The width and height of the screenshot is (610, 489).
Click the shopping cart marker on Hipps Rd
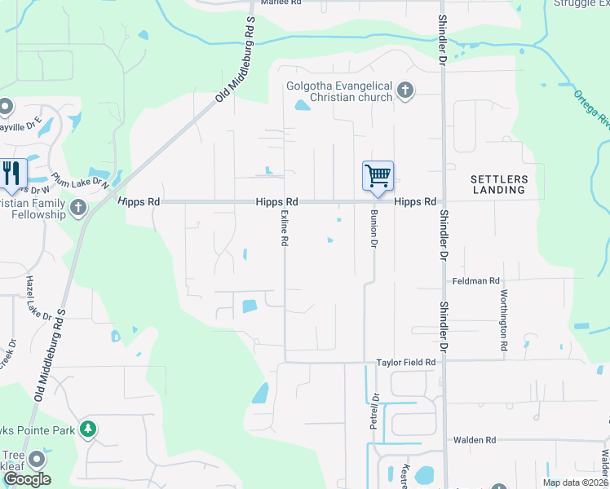378,176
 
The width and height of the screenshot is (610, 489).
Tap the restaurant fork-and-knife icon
11,173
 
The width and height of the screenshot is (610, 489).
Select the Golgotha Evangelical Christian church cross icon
406,91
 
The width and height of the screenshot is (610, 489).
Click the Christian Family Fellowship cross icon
78,208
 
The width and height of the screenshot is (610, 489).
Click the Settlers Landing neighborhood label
498,184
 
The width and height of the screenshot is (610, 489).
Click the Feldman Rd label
475,281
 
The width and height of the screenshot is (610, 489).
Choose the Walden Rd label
475,440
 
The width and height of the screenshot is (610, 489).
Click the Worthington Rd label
504,313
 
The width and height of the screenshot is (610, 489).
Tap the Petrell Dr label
376,407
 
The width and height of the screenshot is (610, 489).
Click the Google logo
27,479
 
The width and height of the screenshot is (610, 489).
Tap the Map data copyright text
574,482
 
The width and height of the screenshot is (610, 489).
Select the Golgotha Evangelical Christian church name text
339,92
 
